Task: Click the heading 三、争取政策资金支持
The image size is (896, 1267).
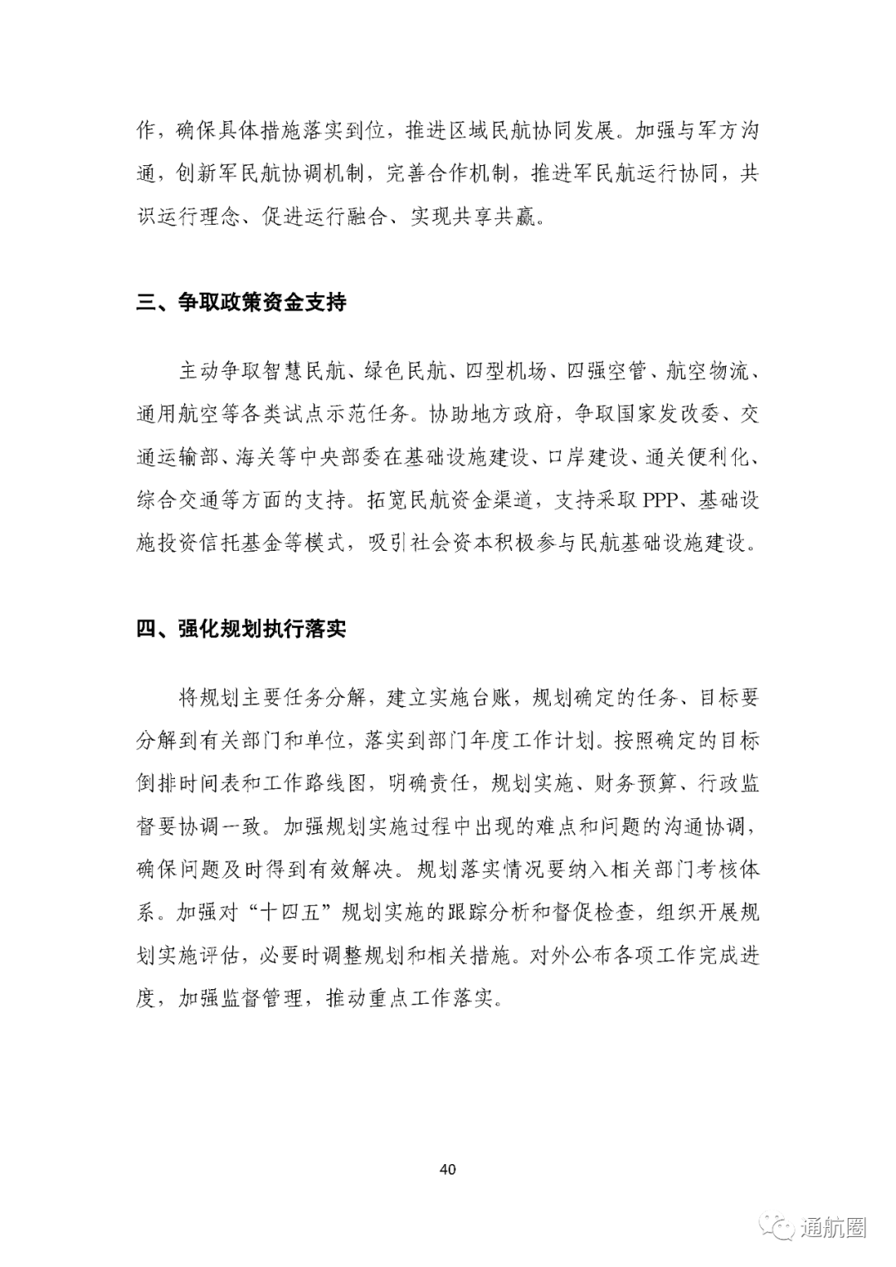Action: [x=241, y=302]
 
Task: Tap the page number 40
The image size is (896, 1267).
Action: [x=447, y=1170]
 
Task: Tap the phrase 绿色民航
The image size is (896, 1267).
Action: [x=406, y=371]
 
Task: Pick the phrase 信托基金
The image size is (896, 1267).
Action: [x=261, y=543]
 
